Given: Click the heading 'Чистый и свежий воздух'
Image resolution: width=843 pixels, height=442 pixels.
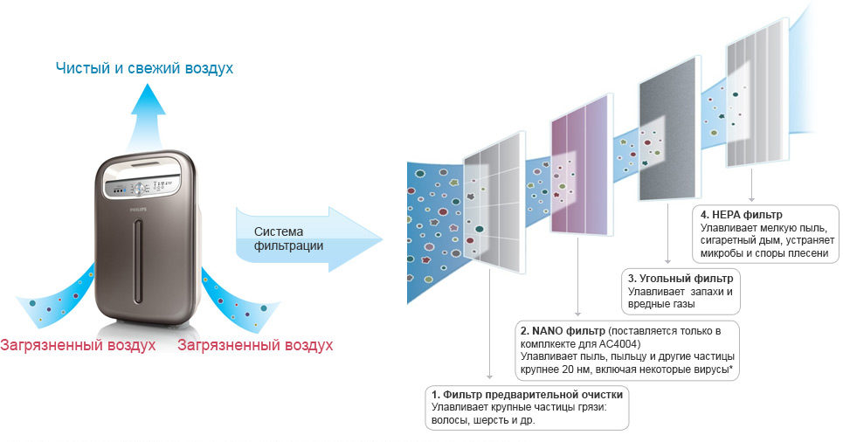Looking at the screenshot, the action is click(x=145, y=68).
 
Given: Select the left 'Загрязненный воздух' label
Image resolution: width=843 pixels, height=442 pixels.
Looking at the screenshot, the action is click(x=78, y=345).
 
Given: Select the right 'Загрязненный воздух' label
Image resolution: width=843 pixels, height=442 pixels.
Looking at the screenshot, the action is click(x=255, y=345).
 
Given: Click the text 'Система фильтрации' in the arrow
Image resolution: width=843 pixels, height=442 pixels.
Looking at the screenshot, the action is click(x=288, y=238).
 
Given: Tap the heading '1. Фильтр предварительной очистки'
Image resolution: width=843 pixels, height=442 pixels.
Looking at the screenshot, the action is click(x=528, y=394).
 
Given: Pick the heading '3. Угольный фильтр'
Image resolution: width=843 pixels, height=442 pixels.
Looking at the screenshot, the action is click(x=681, y=279).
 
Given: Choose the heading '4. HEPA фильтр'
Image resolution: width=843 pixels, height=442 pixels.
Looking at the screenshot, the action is click(x=742, y=215).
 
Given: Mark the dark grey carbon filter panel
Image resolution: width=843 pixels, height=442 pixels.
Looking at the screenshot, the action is click(x=670, y=128).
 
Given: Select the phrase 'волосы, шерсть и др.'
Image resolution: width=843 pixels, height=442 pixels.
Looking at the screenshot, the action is click(x=483, y=420).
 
